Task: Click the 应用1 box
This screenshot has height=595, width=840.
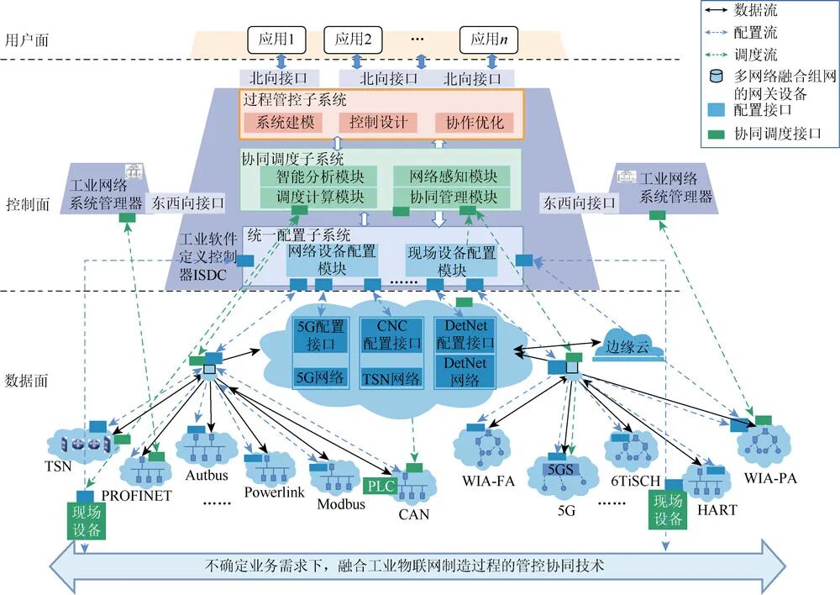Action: (276, 39)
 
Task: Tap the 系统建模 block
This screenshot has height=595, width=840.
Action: (285, 123)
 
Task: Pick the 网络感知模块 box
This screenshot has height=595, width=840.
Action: (453, 176)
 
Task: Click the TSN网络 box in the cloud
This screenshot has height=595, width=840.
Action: (391, 379)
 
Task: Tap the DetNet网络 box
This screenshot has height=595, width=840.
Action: (465, 371)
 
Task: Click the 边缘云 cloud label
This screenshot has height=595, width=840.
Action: (627, 345)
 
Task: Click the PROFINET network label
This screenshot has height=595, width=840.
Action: (136, 496)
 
